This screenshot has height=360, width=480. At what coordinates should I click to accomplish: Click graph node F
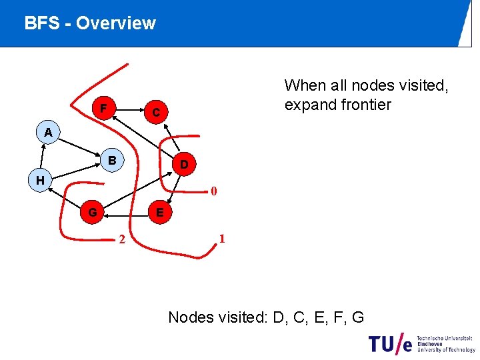coord(103,108)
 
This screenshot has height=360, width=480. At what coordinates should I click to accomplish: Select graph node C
coord(155,113)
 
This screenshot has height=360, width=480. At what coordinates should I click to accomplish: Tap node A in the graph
coord(48,133)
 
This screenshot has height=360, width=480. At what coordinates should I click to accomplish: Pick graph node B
coord(113,161)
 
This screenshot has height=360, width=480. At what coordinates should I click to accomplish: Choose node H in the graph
coord(41,180)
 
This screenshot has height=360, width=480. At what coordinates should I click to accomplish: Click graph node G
coord(93,213)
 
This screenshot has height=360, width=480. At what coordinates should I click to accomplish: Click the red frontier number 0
coord(213,193)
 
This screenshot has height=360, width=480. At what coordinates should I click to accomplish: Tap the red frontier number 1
coord(222,239)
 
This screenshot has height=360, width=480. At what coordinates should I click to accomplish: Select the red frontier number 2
coord(121,240)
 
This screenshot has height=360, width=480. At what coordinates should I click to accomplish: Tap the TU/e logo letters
coord(391,343)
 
